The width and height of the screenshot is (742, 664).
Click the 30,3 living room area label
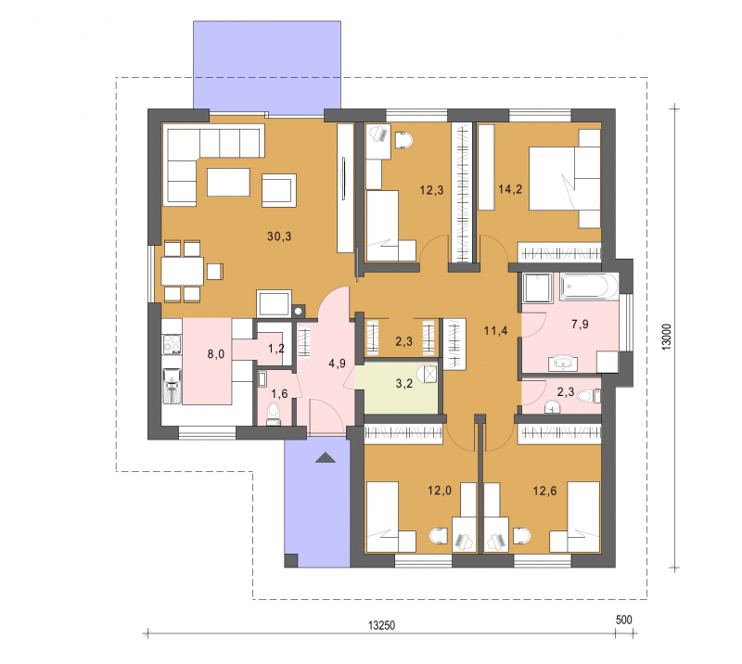coord(279,236)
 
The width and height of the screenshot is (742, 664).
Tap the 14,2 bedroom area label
coord(510,190)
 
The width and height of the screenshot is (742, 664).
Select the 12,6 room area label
coord(544,491)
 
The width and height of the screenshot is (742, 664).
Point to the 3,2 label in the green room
coord(404,383)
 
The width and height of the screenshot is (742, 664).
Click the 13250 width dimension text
coord(381,625)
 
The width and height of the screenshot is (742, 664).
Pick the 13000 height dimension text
coord(666,337)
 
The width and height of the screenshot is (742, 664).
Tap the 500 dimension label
coord(623,619)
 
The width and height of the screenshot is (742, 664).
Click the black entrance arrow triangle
coord(326,457)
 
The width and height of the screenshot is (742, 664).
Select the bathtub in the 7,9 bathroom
coord(589,287)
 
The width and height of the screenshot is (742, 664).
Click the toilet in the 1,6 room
coord(273,413)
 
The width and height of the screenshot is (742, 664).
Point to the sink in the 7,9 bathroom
coord(563,363)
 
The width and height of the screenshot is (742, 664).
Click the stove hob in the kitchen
coord(172,344)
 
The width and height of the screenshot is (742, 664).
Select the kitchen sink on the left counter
coord(172,386)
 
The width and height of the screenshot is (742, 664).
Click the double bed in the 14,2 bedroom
coord(565,178)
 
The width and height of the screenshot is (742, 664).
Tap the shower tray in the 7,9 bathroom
coord(537,287)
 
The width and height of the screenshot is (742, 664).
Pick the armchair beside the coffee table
coord(279,190)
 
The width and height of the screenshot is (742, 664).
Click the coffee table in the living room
coord(228,182)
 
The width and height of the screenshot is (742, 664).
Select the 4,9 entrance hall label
coord(337,364)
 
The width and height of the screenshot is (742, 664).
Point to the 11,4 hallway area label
coord(495,331)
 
